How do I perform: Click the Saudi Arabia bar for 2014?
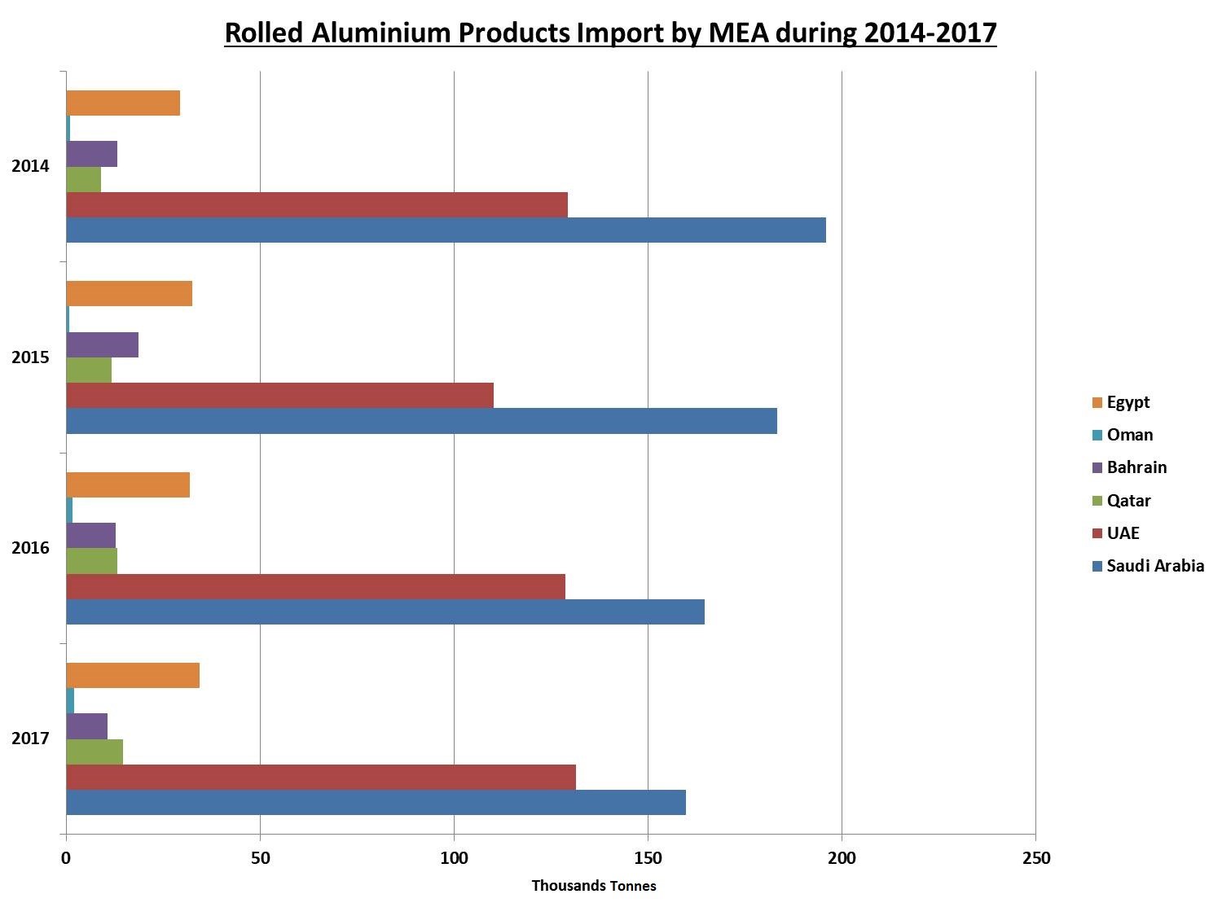tap(446, 230)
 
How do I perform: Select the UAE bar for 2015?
tap(279, 396)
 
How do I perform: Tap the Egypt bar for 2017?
tap(133, 676)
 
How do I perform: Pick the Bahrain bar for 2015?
tap(102, 345)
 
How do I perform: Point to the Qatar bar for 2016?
tap(91, 561)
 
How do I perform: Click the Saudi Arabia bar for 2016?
tap(385, 611)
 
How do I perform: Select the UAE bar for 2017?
tap(321, 777)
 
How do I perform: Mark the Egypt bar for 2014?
tap(123, 103)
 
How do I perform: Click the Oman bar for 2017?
tap(70, 700)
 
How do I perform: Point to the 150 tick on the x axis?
tap(648, 858)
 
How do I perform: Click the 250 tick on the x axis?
tap(1035, 858)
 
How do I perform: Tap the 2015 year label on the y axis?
tap(30, 357)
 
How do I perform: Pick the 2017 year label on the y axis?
tap(30, 738)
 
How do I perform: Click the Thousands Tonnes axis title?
tap(593, 886)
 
